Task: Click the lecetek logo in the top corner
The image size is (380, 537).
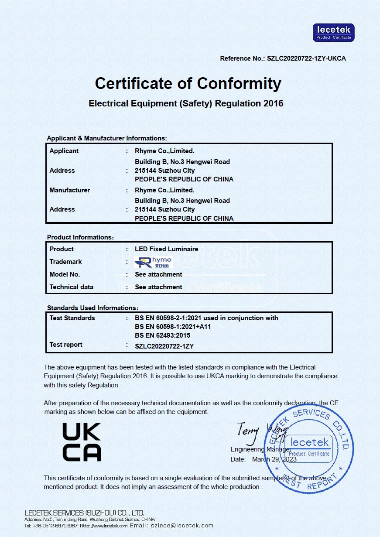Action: point(333,33)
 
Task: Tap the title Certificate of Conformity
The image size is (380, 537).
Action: point(188,83)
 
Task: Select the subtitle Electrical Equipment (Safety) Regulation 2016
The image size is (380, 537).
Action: point(186,103)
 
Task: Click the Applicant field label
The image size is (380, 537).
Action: point(64,151)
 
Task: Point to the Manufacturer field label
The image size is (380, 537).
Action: point(70,190)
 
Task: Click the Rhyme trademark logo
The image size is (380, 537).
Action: point(153,262)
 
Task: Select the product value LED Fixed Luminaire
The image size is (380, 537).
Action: point(167,249)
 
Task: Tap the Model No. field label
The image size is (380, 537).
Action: point(65,274)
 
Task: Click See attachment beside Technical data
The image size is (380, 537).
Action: point(158,287)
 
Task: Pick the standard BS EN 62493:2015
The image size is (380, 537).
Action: point(163,335)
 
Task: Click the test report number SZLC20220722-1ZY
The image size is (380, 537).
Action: point(164,346)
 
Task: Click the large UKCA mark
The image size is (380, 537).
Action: point(82,442)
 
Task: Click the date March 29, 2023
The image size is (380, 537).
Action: point(274,459)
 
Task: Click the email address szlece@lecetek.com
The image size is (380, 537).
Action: point(182,526)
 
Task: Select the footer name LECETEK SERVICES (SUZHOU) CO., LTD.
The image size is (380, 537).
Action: point(84,513)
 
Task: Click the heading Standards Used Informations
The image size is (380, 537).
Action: point(92,308)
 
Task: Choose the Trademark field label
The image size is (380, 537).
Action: point(66,262)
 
